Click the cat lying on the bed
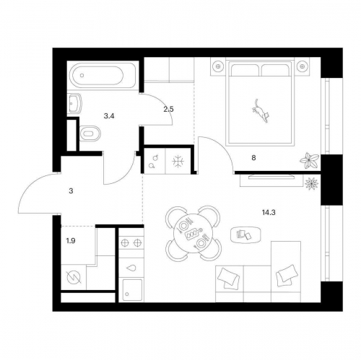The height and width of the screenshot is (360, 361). point(261,112)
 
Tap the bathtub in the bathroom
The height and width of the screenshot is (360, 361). point(103,75)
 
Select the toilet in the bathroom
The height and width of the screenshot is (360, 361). point(90,133)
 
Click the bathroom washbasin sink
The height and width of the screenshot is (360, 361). point(74,104)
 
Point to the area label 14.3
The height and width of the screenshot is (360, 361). point(269,212)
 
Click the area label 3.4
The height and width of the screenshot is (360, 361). point(109,116)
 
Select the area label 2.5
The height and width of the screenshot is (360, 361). point(168,110)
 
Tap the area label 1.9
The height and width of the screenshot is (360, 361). point(71,240)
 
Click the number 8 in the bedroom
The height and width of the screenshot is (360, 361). point(253,158)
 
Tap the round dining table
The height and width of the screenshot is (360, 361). point(193,232)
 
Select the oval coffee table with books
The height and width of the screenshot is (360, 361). point(245,234)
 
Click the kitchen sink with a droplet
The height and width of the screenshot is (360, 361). point(131,268)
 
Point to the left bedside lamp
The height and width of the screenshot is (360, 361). point(218,66)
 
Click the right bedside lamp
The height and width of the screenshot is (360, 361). point(301,66)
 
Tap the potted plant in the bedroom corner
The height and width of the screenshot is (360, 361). point(309,160)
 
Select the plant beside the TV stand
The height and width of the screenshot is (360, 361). point(311,184)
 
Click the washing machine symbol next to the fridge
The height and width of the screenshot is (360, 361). point(154,161)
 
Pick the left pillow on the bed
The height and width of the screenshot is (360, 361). point(245,70)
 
